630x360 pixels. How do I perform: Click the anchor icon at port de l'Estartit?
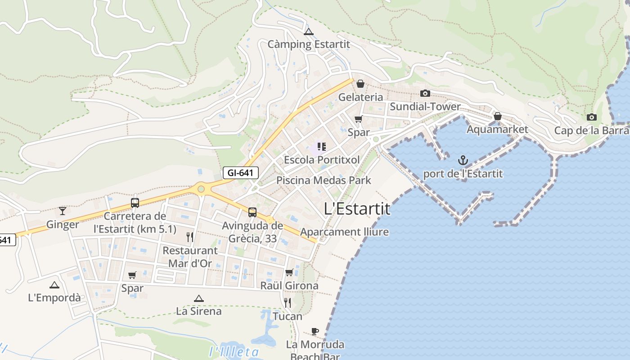463,160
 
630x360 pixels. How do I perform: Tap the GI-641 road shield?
240,172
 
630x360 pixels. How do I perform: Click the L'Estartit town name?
357,209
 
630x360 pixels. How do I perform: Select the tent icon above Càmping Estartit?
308,31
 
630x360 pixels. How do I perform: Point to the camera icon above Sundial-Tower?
425,94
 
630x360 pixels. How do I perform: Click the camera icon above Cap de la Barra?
592,117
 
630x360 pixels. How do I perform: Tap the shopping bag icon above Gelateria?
360,84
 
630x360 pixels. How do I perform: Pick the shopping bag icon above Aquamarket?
497,116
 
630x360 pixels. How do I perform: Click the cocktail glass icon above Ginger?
63,211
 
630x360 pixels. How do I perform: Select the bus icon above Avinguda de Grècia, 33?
252,212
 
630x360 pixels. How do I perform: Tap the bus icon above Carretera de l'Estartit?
135,202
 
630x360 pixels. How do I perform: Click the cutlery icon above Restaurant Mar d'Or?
190,237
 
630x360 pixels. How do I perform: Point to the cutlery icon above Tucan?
288,302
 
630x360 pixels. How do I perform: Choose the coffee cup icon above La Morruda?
315,332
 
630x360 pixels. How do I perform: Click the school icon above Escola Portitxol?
321,146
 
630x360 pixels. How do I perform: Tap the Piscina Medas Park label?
324,180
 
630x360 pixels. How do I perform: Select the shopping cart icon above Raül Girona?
289,272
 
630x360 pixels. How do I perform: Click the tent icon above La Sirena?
198,298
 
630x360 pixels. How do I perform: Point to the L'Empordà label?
54,297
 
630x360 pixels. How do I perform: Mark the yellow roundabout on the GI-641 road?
201,189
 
